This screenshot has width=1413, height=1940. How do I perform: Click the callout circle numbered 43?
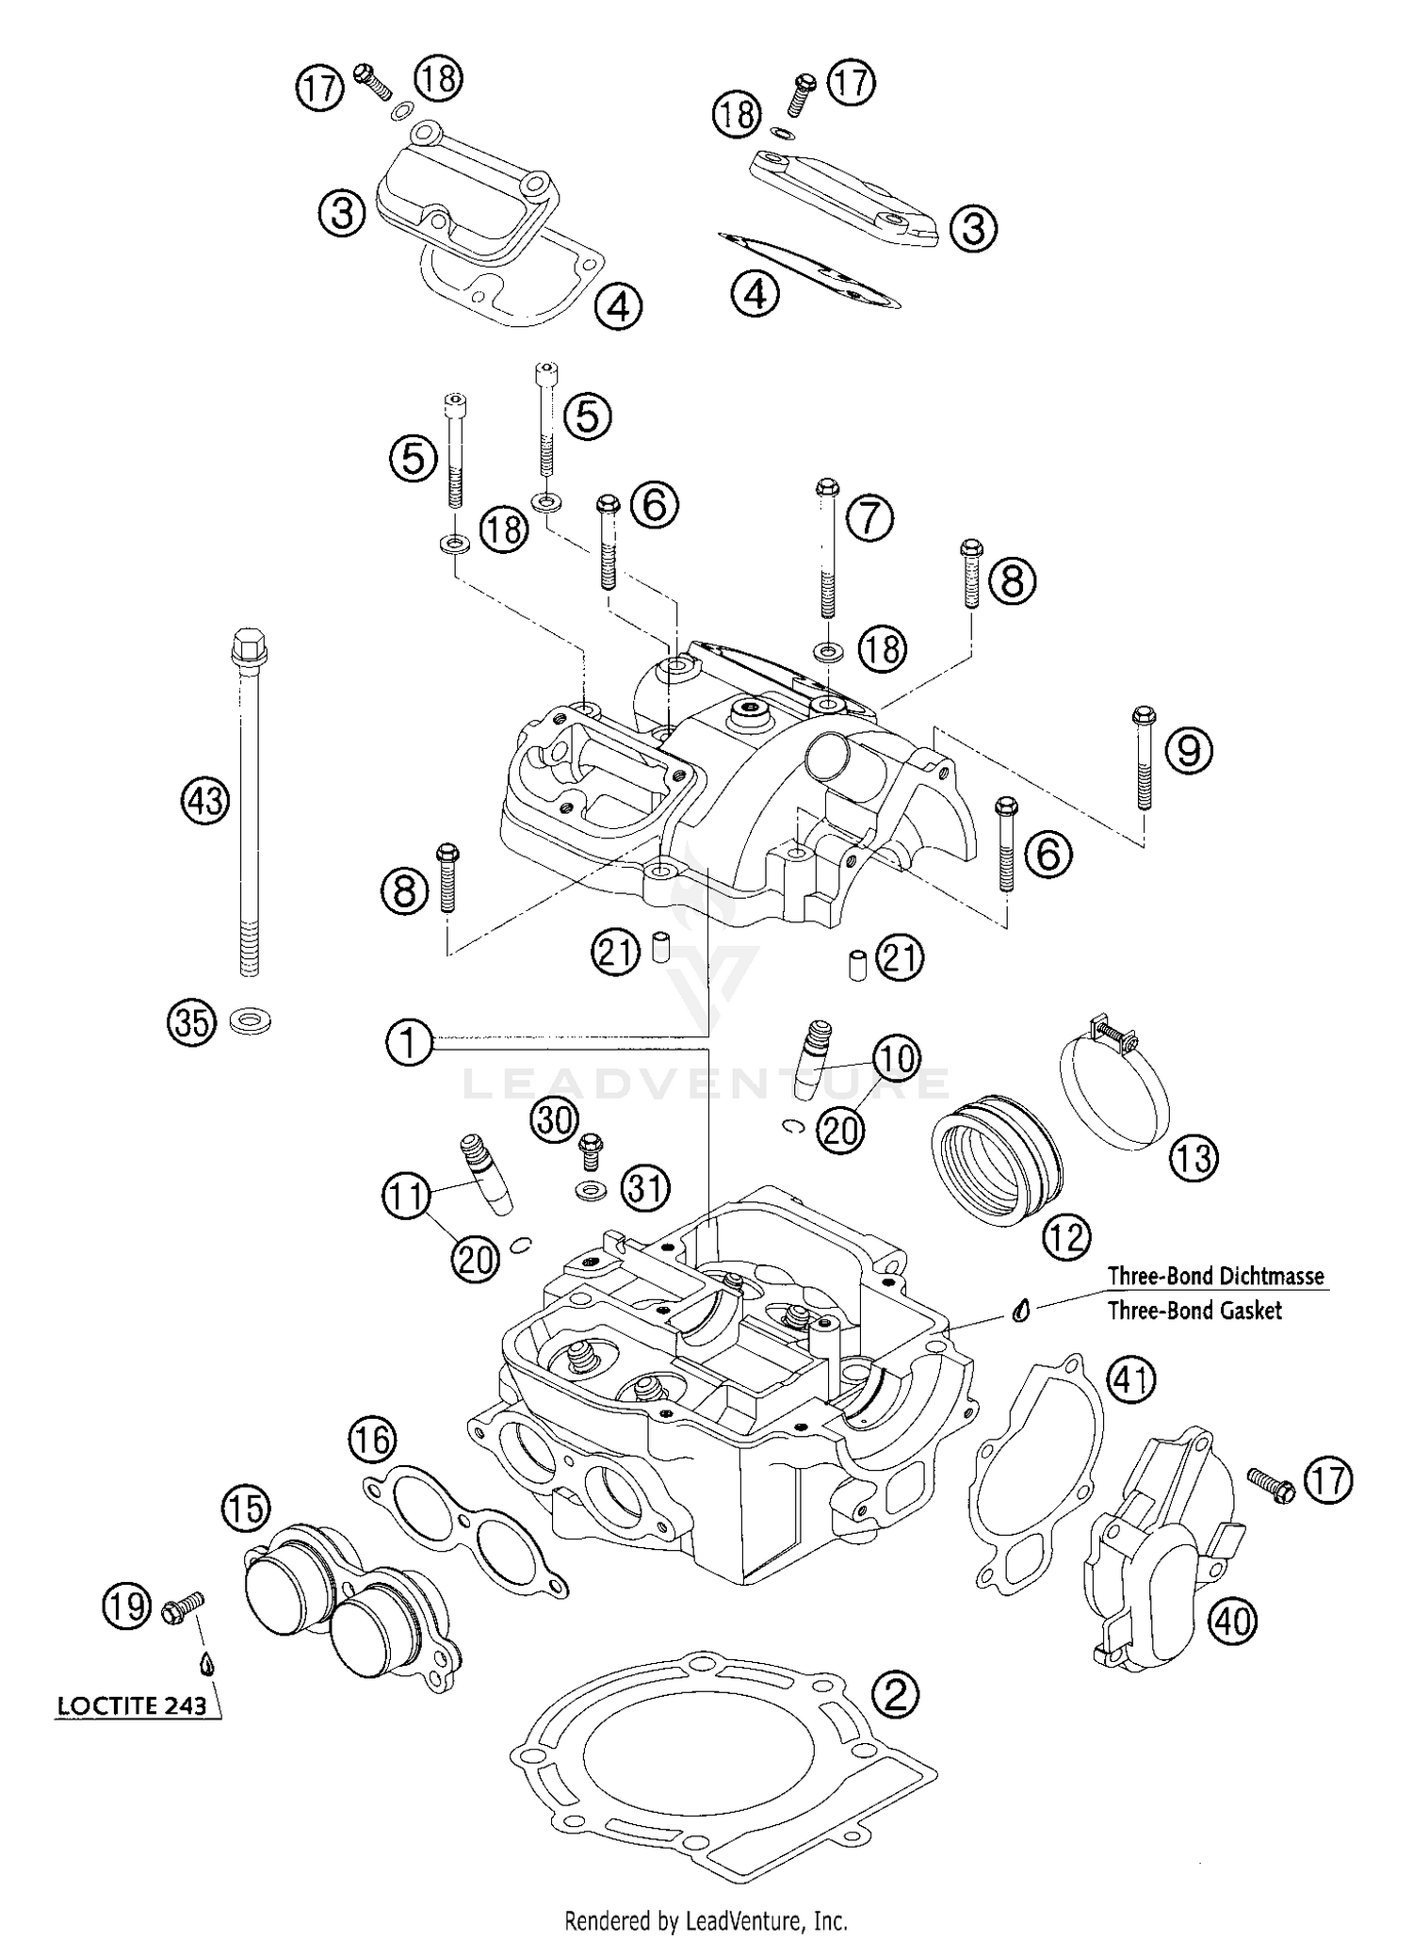pyautogui.click(x=205, y=802)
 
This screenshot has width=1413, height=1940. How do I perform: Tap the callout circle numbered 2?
pyautogui.click(x=895, y=1695)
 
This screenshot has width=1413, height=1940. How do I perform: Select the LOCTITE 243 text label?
pyautogui.click(x=132, y=1706)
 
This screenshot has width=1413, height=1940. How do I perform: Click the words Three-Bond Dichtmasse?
pyautogui.click(x=1215, y=1277)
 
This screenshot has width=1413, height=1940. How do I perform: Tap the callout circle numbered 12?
pyautogui.click(x=1066, y=1235)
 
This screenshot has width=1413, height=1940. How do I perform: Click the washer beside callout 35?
pyautogui.click(x=250, y=1019)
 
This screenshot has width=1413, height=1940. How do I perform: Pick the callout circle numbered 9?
pyautogui.click(x=1189, y=750)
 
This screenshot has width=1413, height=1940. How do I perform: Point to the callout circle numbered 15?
pyautogui.click(x=246, y=1508)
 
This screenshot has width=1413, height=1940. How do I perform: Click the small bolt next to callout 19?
pyautogui.click(x=184, y=1606)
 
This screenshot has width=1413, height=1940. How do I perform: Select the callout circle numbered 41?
pyautogui.click(x=1130, y=1380)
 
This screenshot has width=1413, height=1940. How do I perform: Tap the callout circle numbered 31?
pyautogui.click(x=645, y=1188)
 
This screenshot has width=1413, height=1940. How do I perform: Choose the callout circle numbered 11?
pyautogui.click(x=406, y=1197)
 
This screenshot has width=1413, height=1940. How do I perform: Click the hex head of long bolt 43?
pyautogui.click(x=250, y=645)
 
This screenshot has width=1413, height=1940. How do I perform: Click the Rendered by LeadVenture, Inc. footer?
pyautogui.click(x=706, y=1919)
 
